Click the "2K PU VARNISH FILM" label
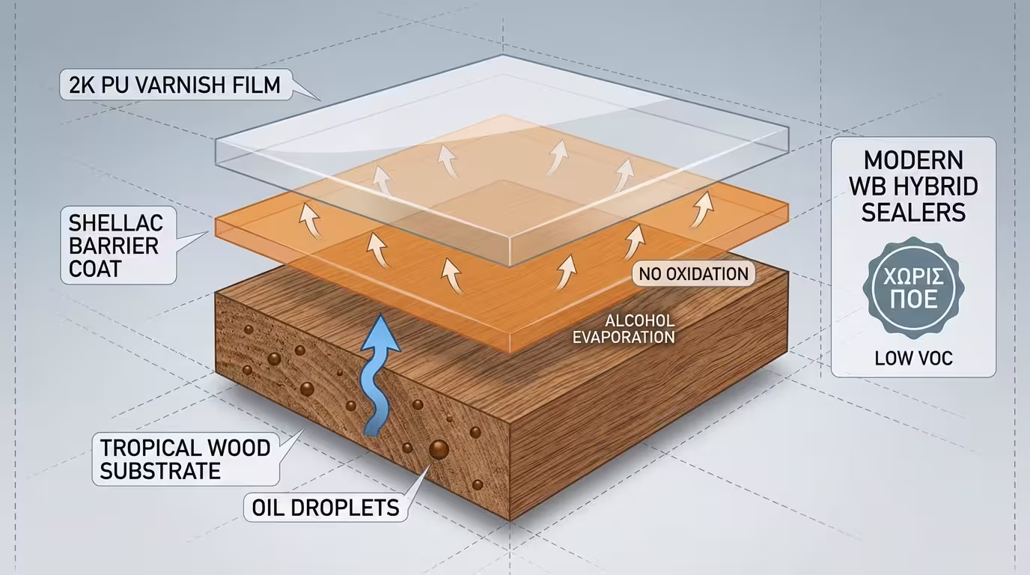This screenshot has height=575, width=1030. tap(170, 85)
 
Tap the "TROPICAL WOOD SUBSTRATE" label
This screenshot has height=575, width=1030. tap(185, 459)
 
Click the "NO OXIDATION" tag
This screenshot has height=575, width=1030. tap(694, 274)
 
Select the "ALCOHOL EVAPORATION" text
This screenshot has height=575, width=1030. tap(624, 329)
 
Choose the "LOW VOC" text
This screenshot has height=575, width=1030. tap(913, 359)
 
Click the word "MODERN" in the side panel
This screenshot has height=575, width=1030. tap(913, 161)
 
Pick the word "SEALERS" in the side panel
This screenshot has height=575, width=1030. tap(913, 213)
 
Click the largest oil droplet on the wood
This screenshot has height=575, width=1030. tap(438, 449)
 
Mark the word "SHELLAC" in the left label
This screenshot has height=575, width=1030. tap(115, 222)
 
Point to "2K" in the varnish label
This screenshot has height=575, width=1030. tap(80, 85)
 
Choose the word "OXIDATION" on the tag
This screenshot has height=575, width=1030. tap(708, 274)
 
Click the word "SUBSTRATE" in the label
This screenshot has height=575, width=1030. tap(160, 471)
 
